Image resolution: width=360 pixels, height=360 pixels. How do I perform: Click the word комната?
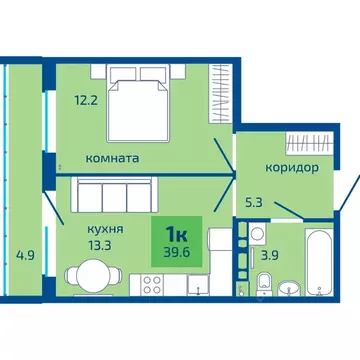pos(112,158)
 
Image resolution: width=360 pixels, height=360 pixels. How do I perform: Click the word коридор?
pos(291,167)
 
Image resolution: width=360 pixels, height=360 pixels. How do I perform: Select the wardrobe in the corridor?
pos(303,143)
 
